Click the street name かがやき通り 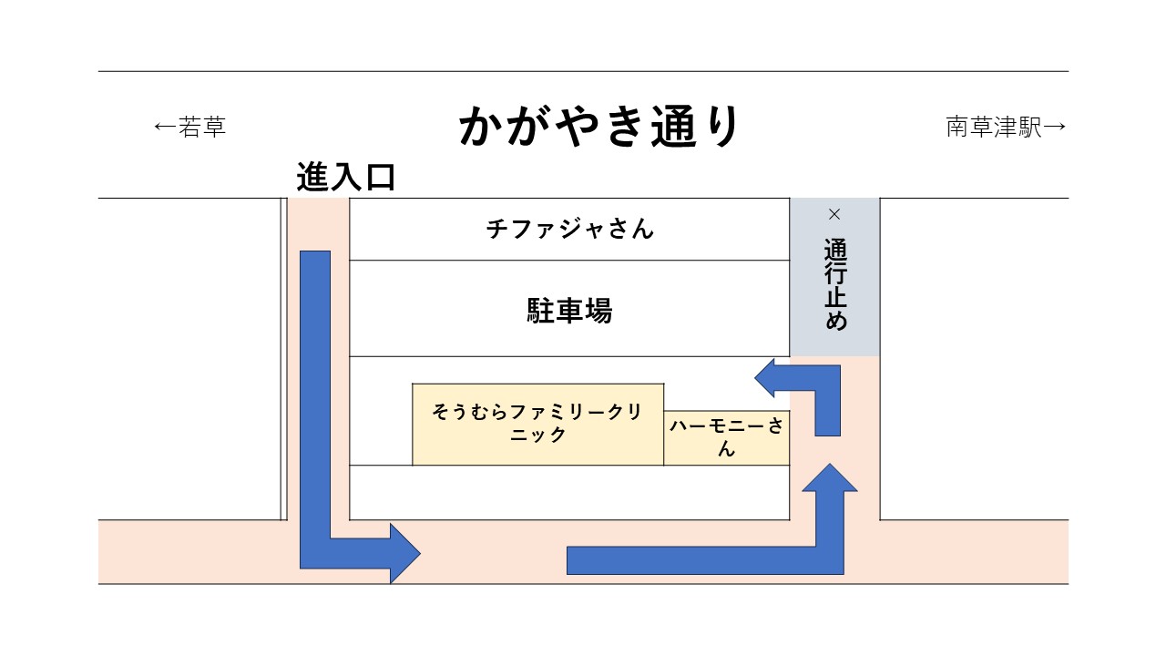600,127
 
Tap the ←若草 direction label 189,127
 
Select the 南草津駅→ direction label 1006,127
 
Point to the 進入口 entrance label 345,177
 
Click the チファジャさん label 570,228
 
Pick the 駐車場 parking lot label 570,311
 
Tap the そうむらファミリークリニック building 537,424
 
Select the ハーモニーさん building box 726,437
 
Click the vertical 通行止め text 834,285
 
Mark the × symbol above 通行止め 834,214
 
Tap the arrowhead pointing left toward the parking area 768,378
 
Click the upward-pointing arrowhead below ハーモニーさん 830,481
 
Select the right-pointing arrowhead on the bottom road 404,553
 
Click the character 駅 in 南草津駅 1029,127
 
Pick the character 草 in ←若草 213,127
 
